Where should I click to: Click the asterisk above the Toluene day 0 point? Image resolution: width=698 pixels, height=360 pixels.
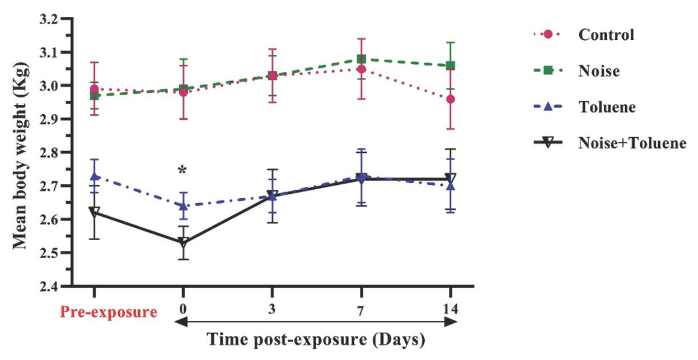point(182,170)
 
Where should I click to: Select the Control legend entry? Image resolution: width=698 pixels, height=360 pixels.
point(606,35)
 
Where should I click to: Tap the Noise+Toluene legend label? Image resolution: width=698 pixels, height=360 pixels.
point(632,143)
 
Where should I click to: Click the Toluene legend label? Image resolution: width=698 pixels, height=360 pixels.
point(607,107)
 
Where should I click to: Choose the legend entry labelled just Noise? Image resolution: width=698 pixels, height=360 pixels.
point(599,71)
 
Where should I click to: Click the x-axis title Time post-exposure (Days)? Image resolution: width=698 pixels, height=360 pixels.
point(316,339)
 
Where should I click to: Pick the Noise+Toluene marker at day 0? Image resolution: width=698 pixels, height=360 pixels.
point(182,242)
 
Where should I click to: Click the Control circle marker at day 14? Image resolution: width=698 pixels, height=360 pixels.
point(450,99)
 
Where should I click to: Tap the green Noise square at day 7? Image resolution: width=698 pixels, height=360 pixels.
point(361,59)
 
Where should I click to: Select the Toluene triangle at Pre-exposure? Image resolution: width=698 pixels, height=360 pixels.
point(94,176)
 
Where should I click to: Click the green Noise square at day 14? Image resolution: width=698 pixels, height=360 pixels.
point(450,66)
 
